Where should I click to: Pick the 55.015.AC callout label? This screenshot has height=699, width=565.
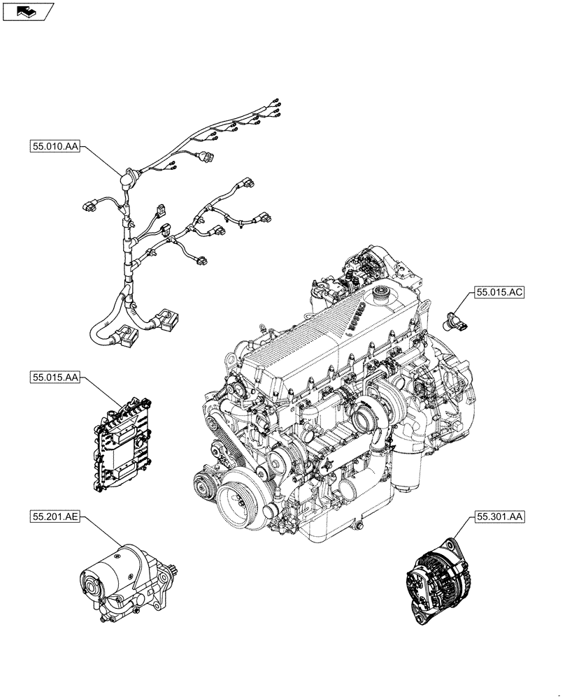point(499,294)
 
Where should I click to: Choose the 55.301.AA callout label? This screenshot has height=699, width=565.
point(499,517)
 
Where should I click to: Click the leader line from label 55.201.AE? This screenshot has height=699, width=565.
point(101,537)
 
